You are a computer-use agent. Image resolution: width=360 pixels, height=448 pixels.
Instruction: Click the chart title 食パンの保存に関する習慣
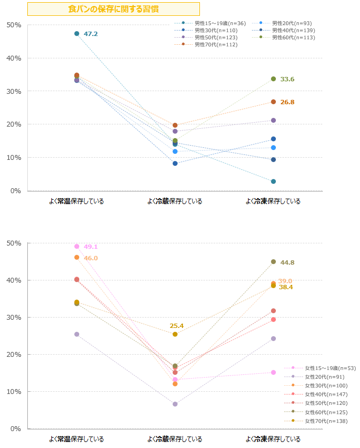pos(114,9)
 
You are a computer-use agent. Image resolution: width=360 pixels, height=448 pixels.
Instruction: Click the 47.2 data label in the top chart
pos(91,34)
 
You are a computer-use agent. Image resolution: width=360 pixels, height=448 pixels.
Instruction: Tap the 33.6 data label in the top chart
pos(287,79)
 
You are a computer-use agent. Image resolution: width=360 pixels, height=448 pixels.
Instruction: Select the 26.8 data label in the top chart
pos(287,102)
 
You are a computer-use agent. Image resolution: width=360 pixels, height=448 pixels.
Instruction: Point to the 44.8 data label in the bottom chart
pos(287,262)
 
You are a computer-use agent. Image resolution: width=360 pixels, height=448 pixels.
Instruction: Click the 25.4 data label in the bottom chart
pos(176,326)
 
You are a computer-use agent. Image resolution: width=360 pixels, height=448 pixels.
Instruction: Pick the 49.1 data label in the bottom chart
pos(91,247)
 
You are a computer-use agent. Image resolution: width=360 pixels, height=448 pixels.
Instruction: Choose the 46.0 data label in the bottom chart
pos(91,258)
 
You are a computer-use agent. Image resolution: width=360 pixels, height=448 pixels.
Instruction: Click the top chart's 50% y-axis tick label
pos(14,25)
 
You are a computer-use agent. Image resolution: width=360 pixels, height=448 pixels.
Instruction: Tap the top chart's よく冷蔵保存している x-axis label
pos(175,201)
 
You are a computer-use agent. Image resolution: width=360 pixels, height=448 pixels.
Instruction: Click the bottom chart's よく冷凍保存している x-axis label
pos(273,439)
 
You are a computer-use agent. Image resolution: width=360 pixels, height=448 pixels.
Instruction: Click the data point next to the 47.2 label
pos(76,34)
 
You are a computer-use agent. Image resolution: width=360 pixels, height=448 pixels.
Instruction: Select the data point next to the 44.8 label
pos(273,262)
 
